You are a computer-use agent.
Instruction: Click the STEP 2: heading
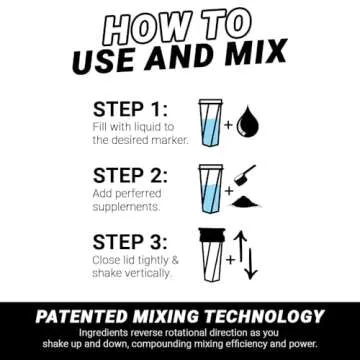click(129, 176)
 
